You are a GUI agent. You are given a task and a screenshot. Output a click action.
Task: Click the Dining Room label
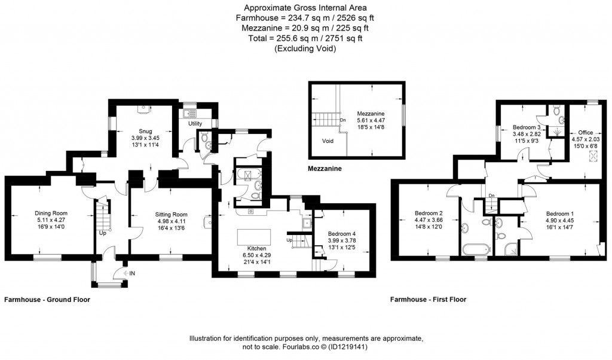click(51, 213)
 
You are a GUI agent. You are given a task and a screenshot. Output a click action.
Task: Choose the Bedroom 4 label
click(341, 234)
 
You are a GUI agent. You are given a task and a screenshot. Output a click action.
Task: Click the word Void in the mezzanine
click(327, 142)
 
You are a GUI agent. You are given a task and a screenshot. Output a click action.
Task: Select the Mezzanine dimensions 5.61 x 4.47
click(371, 120)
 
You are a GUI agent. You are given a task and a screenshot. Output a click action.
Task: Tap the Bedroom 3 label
click(527, 127)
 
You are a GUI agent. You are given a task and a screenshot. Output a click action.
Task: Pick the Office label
click(585, 132)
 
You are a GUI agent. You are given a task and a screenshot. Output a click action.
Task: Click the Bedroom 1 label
click(559, 213)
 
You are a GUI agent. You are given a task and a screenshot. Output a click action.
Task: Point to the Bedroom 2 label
click(428, 213)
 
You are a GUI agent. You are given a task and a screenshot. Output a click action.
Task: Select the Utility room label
click(195, 123)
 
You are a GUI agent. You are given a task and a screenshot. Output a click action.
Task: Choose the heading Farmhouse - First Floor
click(428, 300)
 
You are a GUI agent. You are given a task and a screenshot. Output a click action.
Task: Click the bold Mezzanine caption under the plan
click(324, 169)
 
